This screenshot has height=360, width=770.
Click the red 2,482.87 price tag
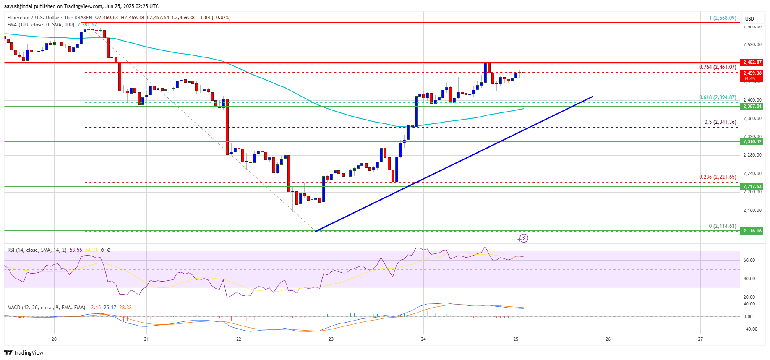[752, 62]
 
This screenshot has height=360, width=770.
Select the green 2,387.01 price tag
[752, 106]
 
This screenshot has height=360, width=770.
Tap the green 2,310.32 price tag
[752, 141]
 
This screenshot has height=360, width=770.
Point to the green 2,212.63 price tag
[752, 186]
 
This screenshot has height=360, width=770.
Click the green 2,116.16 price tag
[752, 231]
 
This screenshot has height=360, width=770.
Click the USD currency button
[749, 18]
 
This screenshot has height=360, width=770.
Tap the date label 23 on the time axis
[331, 339]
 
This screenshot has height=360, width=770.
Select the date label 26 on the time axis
[608, 339]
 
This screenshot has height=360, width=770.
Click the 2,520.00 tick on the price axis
[752, 44]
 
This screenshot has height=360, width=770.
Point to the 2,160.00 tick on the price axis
[752, 210]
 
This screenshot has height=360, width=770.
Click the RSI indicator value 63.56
[76, 250]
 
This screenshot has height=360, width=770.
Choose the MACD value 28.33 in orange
[125, 308]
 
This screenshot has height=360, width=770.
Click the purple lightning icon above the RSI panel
[523, 238]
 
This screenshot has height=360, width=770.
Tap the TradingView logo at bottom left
[24, 352]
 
